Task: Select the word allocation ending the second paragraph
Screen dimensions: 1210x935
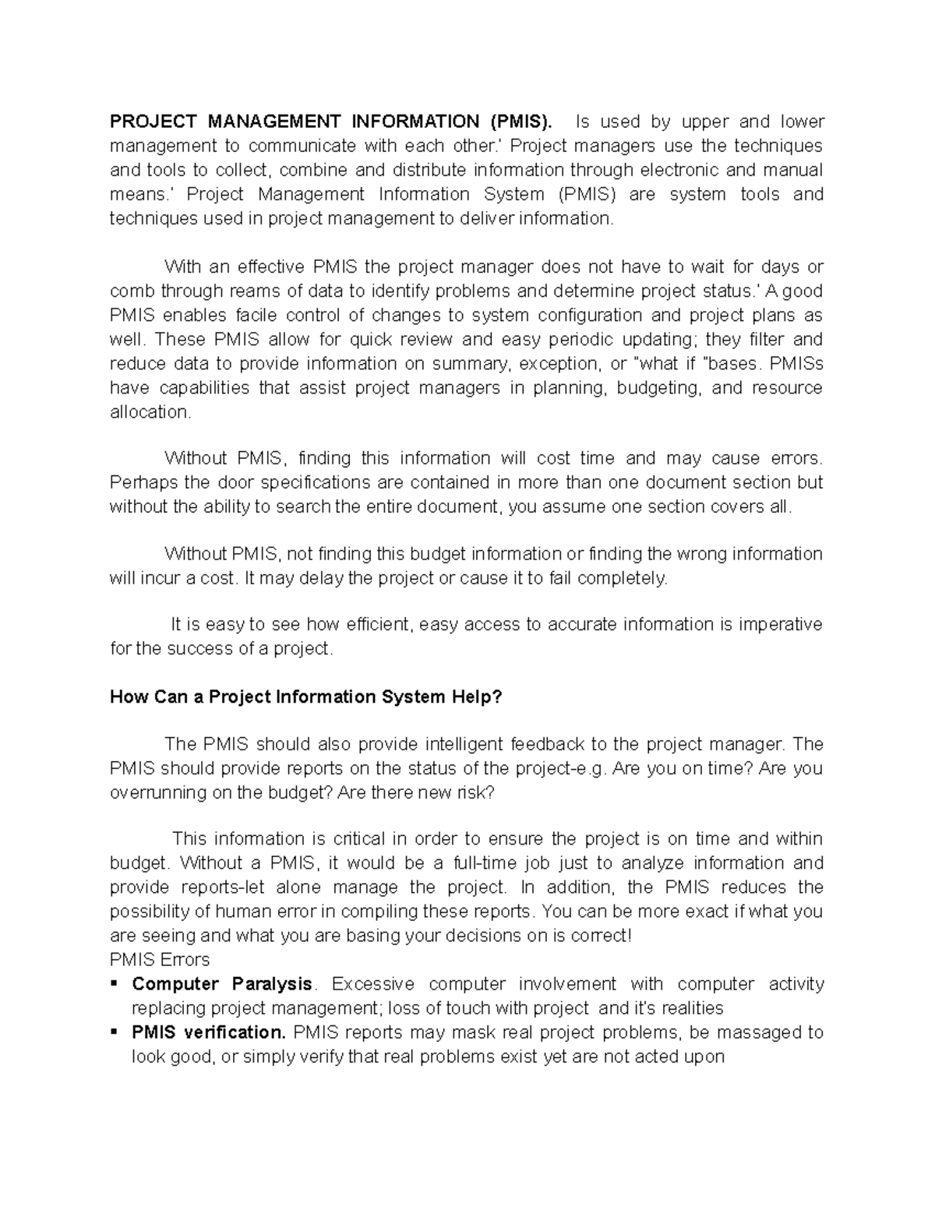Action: click(150, 412)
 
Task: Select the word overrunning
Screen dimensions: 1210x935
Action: click(155, 792)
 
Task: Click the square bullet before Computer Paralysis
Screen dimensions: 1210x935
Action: click(115, 984)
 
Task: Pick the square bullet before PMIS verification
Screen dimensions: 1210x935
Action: click(115, 1032)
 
